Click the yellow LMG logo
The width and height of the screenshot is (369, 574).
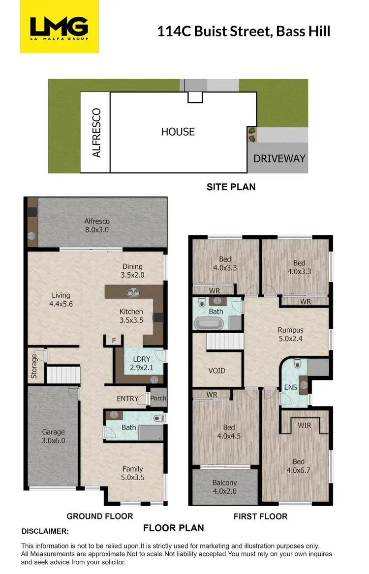(59, 27)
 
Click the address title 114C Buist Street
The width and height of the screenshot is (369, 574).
(243, 31)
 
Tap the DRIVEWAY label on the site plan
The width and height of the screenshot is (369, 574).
(279, 158)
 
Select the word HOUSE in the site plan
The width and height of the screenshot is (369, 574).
(178, 132)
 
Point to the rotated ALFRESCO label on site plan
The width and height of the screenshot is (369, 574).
(96, 133)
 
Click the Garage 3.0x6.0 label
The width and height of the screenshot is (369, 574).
(53, 436)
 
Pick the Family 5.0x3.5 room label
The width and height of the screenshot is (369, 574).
(133, 473)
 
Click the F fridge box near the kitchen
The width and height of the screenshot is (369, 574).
(114, 340)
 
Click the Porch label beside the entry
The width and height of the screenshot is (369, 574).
(158, 399)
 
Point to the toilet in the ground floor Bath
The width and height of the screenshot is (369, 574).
(157, 419)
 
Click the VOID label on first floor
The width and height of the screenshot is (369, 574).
(216, 371)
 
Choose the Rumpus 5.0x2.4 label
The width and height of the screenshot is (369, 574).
(290, 334)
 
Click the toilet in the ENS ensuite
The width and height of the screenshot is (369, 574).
(297, 364)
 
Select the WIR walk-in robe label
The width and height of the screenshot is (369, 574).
(305, 426)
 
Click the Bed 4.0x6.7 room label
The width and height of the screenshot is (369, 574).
(298, 466)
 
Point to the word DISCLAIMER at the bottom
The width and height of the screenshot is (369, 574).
(45, 531)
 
